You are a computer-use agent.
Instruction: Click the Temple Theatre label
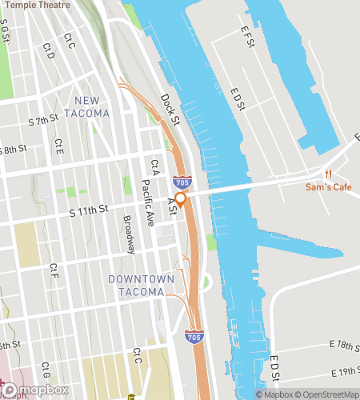click(x=36, y=5)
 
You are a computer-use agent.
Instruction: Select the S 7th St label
click(x=43, y=120)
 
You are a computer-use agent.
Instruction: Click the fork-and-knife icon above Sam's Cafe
click(x=328, y=174)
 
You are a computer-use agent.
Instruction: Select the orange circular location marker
click(x=181, y=199)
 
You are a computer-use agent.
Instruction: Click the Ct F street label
click(x=53, y=270)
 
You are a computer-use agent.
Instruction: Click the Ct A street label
click(x=154, y=167)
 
